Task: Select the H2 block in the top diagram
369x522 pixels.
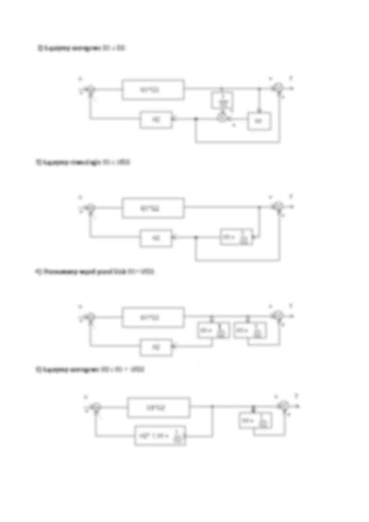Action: click(156, 120)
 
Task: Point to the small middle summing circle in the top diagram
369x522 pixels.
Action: click(222, 117)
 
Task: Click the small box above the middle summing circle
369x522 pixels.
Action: click(222, 101)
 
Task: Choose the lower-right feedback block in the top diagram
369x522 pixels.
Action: click(259, 120)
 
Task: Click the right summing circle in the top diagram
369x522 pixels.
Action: click(278, 88)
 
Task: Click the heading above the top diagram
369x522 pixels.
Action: click(81, 48)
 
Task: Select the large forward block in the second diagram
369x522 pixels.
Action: click(153, 208)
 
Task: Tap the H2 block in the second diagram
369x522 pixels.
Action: click(156, 238)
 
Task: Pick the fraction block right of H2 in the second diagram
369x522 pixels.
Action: click(236, 237)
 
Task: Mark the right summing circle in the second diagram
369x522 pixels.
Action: click(278, 206)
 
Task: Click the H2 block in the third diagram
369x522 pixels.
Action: click(156, 347)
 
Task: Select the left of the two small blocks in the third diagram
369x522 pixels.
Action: click(214, 330)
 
